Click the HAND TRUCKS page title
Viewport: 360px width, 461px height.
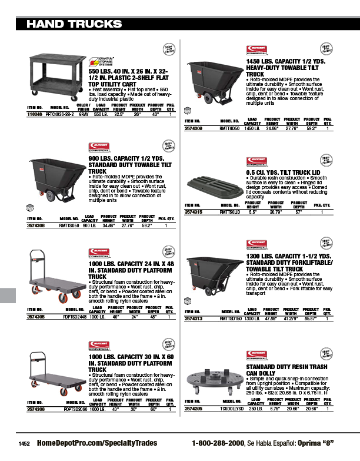(74, 24)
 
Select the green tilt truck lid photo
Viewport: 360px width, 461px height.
(214, 184)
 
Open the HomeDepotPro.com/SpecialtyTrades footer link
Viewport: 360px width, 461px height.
(91, 443)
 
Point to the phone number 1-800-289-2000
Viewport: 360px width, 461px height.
(218, 443)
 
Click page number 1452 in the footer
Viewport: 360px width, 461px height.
(24, 443)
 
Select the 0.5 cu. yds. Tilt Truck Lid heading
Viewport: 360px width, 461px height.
(281, 172)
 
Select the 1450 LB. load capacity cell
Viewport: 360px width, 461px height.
(252, 127)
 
